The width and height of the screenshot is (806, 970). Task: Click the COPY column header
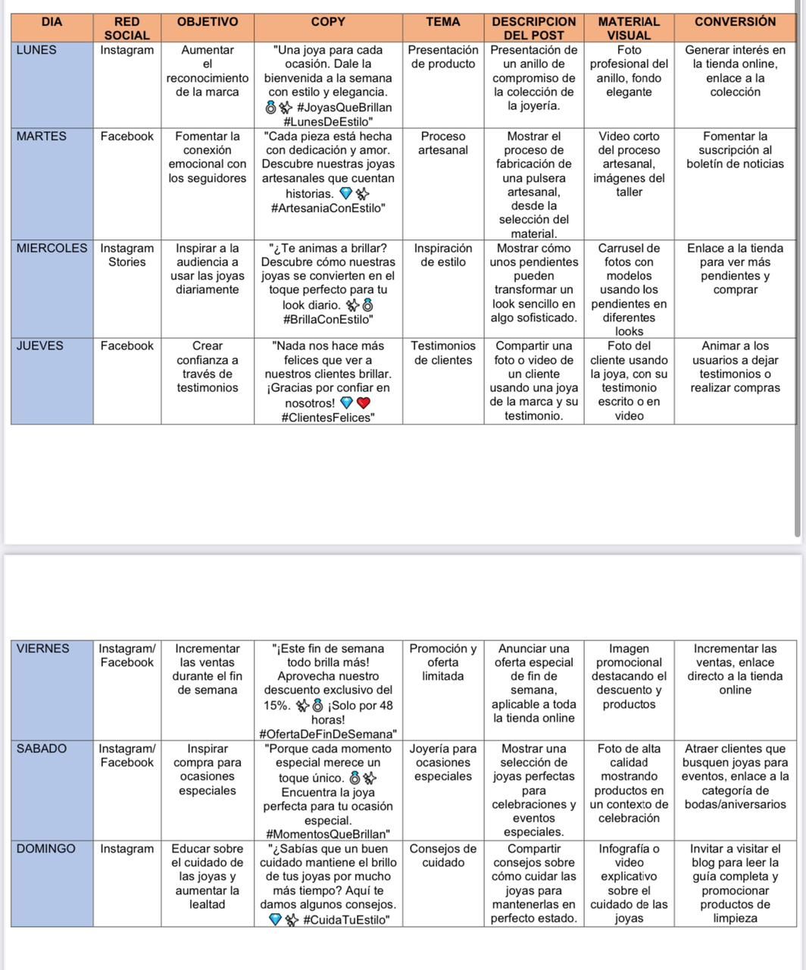tap(328, 22)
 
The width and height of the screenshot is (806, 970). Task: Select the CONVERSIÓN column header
tap(735, 22)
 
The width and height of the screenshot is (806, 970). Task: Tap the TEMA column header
tap(443, 22)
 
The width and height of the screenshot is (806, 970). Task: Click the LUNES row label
tap(36, 50)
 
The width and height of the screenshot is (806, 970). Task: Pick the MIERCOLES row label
tap(52, 249)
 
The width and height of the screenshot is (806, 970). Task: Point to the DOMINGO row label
tap(45, 849)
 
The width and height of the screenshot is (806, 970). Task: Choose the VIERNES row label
tap(42, 649)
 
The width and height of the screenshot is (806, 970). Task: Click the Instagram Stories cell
tap(127, 255)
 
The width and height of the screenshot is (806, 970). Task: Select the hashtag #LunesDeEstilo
tap(328, 121)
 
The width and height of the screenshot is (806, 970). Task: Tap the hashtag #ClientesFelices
tap(328, 418)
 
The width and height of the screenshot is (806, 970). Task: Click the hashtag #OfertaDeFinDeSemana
tap(328, 734)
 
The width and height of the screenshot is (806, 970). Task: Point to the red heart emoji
tap(363, 403)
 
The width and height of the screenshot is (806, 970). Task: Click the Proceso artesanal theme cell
tap(443, 143)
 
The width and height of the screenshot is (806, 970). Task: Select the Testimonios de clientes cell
tap(443, 353)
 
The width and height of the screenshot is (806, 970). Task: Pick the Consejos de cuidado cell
tap(443, 856)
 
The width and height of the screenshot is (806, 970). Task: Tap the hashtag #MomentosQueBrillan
tap(328, 834)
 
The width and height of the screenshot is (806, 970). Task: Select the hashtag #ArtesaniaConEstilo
tap(328, 208)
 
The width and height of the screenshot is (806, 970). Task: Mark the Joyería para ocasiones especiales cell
tap(443, 762)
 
